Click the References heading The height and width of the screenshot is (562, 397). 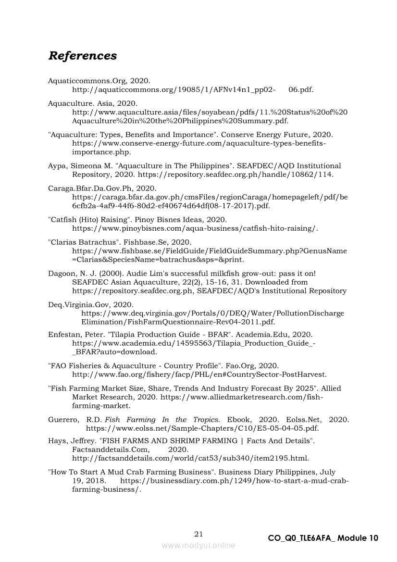[82, 56]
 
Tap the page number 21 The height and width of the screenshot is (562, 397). [198, 534]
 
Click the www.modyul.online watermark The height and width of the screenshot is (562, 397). [198, 545]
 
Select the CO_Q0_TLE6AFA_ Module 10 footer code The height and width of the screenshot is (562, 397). [323, 538]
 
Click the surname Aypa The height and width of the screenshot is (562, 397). [58, 165]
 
